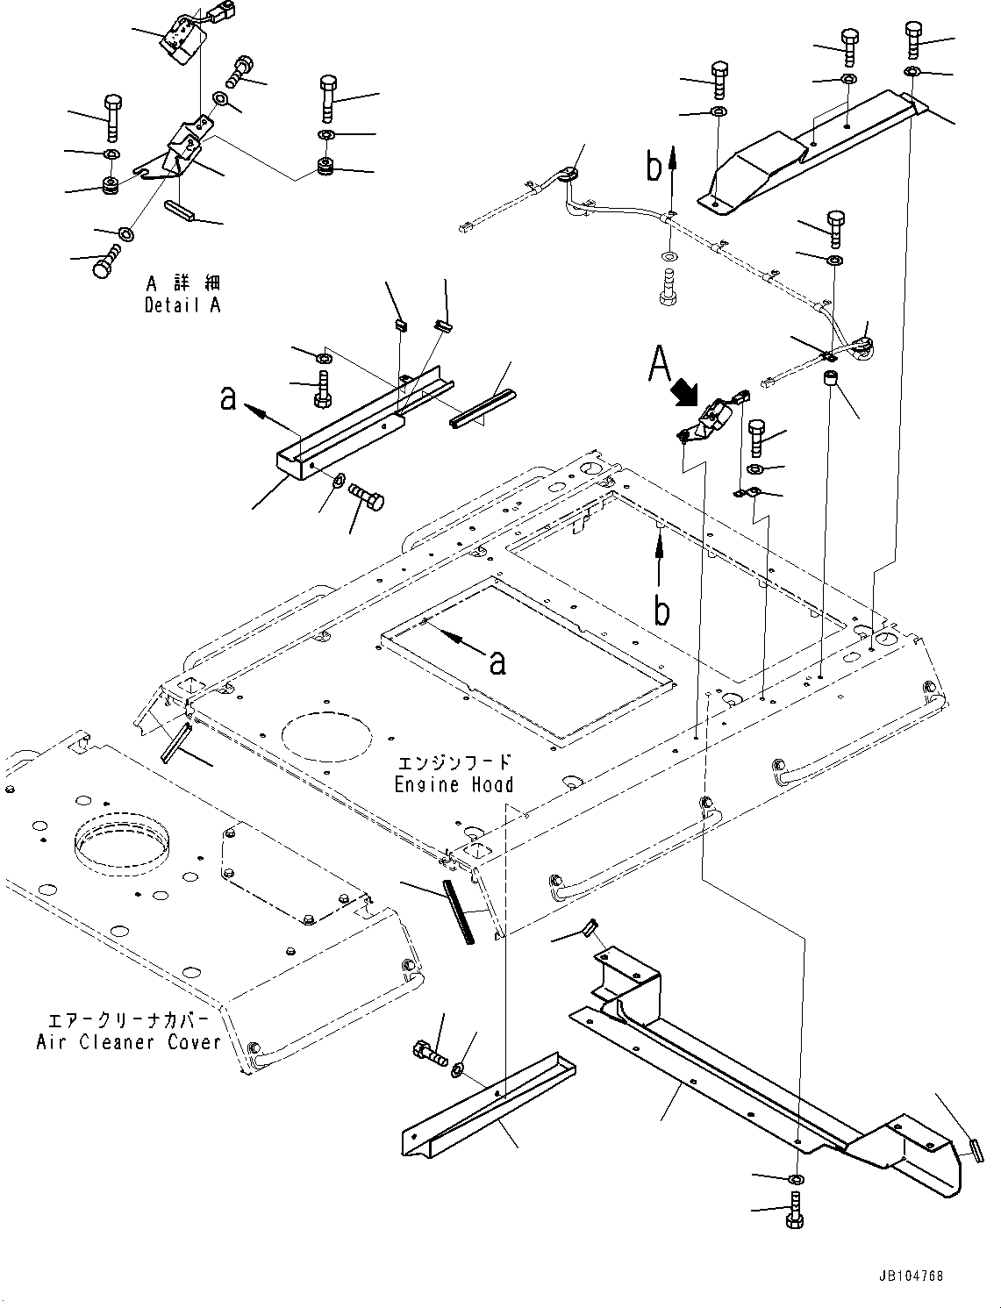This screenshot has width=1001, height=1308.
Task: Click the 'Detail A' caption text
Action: click(x=182, y=306)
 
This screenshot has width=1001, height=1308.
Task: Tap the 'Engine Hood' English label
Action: click(x=454, y=784)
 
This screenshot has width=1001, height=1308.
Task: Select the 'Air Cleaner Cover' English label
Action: click(x=129, y=1042)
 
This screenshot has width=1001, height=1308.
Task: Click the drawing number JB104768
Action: click(x=908, y=1276)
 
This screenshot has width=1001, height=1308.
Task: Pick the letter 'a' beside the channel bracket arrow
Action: click(x=229, y=398)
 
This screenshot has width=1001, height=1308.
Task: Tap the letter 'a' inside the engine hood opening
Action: click(x=497, y=662)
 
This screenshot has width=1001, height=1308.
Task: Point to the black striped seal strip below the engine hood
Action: click(x=461, y=912)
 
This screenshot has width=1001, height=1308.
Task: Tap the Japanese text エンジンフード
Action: click(x=454, y=763)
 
